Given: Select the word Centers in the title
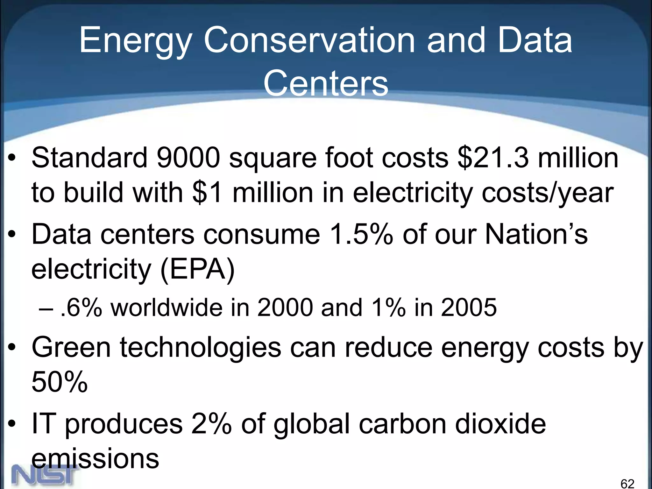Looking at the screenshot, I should pos(326,83).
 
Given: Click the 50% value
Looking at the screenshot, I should pos(60,382).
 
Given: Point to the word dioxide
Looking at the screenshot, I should pos(500,424).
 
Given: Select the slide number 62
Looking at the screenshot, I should pos(627,484).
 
